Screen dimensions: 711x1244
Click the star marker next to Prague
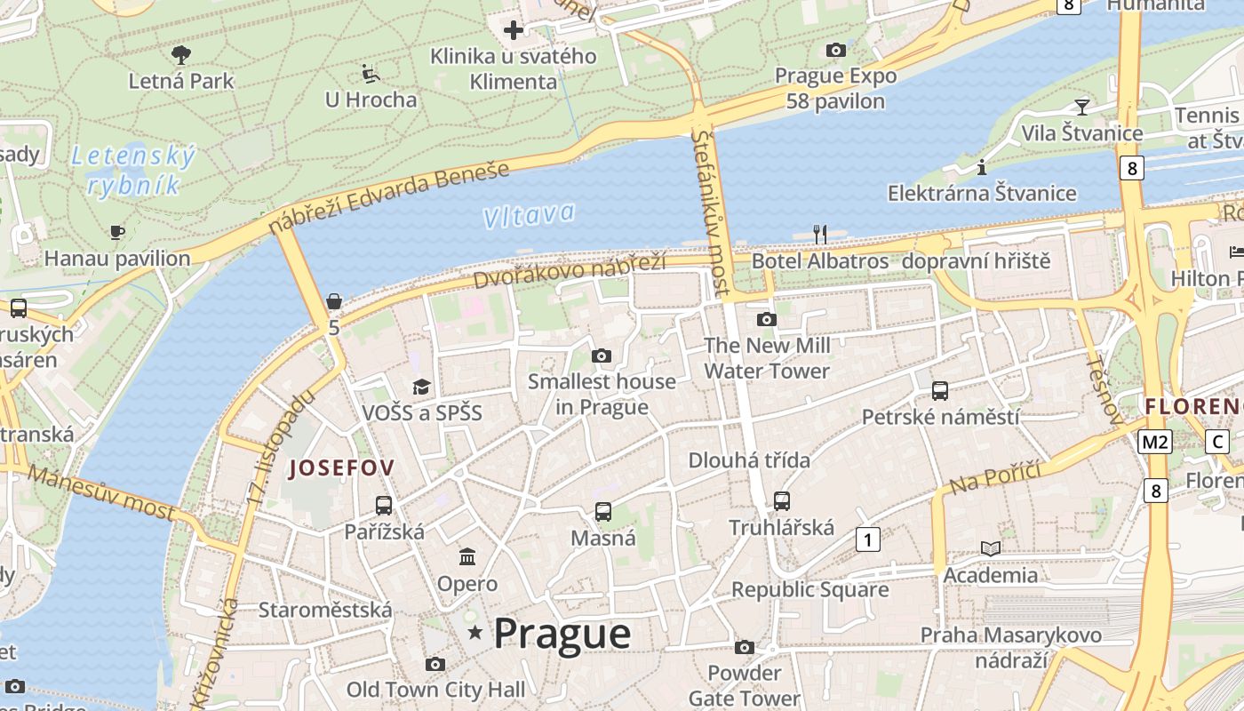tap(475, 633)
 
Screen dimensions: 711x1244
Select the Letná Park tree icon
tap(181, 55)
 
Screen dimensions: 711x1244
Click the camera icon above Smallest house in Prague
tap(602, 356)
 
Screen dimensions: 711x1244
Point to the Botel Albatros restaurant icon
tap(820, 235)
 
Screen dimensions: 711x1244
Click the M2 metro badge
tap(1155, 442)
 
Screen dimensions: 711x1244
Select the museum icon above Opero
tap(466, 557)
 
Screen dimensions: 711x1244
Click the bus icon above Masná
tap(603, 512)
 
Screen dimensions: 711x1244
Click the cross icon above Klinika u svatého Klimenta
tap(513, 31)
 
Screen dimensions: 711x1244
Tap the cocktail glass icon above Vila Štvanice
tap(1081, 108)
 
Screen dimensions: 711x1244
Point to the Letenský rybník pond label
tap(133, 171)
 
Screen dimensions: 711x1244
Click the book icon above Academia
tap(990, 549)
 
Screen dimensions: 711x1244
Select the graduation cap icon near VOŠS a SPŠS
tap(421, 387)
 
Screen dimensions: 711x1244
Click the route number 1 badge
tap(868, 539)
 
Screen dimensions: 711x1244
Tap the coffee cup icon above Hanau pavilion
tap(116, 233)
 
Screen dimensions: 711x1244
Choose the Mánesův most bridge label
tap(101, 491)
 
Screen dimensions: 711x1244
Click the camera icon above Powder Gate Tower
tap(745, 647)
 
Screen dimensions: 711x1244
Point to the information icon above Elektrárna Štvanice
tap(982, 167)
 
